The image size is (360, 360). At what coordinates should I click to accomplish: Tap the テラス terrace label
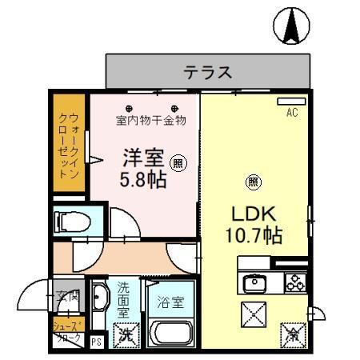pyautogui.click(x=208, y=73)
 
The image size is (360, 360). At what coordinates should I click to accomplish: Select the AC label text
pyautogui.click(x=291, y=113)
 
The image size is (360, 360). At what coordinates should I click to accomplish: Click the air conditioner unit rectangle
pyautogui.click(x=290, y=102)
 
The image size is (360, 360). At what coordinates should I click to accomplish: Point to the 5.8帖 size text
pyautogui.click(x=144, y=179)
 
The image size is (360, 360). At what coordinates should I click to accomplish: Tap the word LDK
pyautogui.click(x=254, y=214)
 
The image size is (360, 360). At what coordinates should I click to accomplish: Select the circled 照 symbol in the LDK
pyautogui.click(x=253, y=181)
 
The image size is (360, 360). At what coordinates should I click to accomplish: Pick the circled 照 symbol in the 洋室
pyautogui.click(x=178, y=162)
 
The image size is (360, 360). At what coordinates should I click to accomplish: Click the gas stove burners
pyautogui.click(x=293, y=282)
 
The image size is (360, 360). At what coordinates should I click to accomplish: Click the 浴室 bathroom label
pyautogui.click(x=170, y=303)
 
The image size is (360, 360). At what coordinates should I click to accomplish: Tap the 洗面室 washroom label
pyautogui.click(x=124, y=299)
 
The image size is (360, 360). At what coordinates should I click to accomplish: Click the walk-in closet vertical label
pyautogui.click(x=69, y=144)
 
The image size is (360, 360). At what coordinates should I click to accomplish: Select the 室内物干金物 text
pyautogui.click(x=150, y=121)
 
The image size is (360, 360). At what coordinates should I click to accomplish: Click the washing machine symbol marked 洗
pyautogui.click(x=126, y=334)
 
